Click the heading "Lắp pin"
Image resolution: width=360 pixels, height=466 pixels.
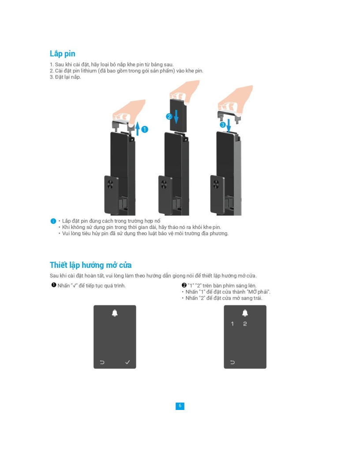[62, 54]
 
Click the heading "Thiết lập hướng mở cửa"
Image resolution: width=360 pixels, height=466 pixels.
[90, 265]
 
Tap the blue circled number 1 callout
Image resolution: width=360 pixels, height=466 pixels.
[145, 129]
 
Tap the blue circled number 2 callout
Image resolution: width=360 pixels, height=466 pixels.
[169, 116]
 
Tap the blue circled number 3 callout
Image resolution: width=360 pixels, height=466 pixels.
[222, 125]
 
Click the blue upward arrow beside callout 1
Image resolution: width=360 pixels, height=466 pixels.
[138, 128]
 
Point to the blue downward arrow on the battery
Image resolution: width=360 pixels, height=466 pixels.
[176, 116]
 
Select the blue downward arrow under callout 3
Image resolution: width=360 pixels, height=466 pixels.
[229, 125]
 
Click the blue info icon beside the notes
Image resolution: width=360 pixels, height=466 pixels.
[53, 221]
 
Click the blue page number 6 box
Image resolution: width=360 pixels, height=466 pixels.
[180, 406]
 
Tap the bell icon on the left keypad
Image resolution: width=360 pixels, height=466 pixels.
[115, 313]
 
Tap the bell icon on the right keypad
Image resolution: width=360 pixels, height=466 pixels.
[245, 313]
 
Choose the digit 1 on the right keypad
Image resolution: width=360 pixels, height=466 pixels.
[232, 324]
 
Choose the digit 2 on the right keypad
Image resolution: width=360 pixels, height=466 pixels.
[245, 324]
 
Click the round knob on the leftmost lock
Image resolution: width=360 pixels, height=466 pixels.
[109, 184]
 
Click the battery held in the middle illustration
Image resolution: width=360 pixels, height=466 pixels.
[178, 115]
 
